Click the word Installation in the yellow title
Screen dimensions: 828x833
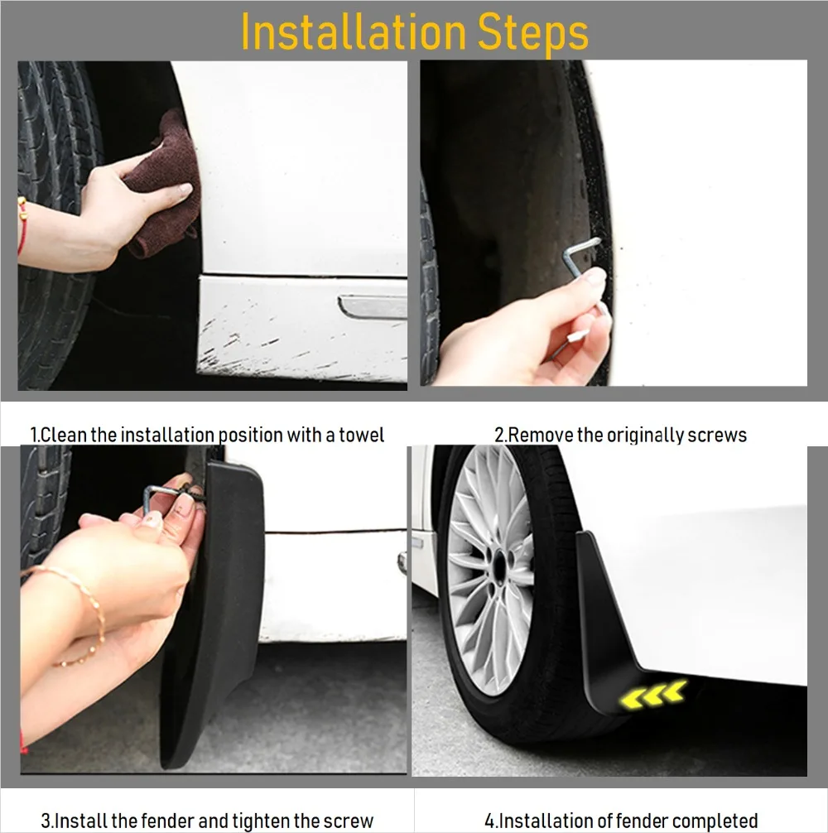pos(354,31)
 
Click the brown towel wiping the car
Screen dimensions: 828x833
pos(165,183)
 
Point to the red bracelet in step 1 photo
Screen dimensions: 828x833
pos(22,225)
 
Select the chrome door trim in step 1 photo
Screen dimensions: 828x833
pos(373,307)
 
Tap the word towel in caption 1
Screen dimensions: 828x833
pos(361,435)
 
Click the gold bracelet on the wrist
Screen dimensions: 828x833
pos(79,611)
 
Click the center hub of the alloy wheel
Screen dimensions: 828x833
pos(500,564)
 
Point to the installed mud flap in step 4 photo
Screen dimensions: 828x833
pos(611,627)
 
